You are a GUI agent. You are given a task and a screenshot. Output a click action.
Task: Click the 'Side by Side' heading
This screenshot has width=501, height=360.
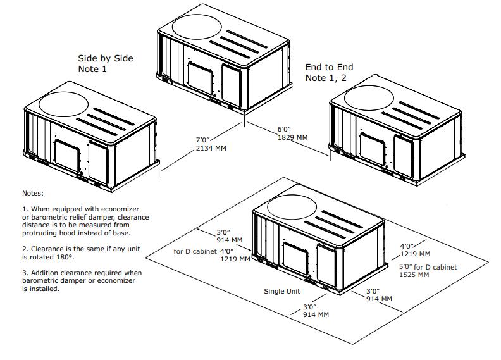click(106, 58)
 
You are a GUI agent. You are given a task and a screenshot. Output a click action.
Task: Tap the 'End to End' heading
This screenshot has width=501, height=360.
click(329, 67)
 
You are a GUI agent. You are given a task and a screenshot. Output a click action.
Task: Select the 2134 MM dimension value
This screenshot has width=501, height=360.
click(211, 148)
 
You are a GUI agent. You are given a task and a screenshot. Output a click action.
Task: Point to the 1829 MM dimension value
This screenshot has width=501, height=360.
click(292, 137)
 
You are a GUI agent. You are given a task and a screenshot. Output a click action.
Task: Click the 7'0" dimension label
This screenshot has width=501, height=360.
click(202, 140)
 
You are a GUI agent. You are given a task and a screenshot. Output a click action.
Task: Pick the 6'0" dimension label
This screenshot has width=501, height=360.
click(284, 129)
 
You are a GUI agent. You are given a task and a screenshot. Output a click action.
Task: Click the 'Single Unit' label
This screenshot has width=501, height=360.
click(282, 291)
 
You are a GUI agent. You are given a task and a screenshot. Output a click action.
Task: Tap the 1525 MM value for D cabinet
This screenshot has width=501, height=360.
click(414, 275)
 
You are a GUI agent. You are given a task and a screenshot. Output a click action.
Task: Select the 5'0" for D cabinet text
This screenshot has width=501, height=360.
click(428, 267)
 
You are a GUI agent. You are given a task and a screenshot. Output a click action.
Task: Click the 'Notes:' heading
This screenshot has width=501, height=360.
click(33, 193)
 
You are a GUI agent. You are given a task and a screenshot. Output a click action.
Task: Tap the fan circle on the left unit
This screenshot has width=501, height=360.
click(63, 104)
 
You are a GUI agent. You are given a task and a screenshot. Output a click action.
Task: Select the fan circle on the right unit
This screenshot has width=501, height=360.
click(369, 97)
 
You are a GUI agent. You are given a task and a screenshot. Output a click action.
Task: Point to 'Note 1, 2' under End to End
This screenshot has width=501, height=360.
click(326, 78)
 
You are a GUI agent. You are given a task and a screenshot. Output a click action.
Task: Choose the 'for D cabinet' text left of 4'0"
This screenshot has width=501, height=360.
click(195, 251)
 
